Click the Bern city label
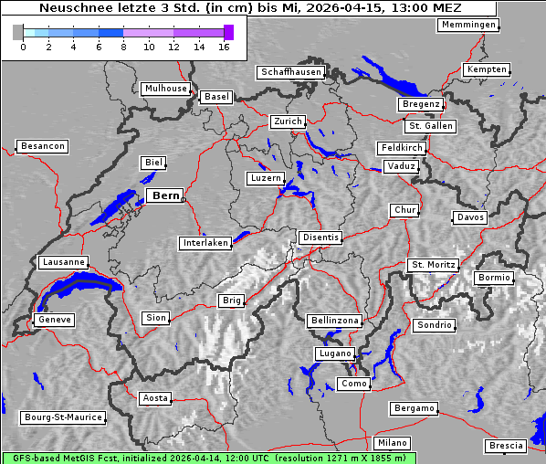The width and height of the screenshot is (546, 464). (x=165, y=195)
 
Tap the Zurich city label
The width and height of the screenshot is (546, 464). (x=287, y=121)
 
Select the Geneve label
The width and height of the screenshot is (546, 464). (x=54, y=320)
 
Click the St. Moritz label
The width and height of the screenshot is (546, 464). (x=433, y=265)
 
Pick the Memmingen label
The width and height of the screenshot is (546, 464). (x=467, y=25)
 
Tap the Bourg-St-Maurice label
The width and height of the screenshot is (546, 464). (x=62, y=417)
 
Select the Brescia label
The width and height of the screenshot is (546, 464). (x=506, y=446)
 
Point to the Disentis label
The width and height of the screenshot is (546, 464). (x=320, y=237)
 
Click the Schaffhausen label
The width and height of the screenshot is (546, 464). (x=290, y=71)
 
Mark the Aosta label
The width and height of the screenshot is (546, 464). (x=155, y=398)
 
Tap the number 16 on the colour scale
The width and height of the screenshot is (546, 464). (x=225, y=47)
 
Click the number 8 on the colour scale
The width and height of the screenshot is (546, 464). (x=124, y=47)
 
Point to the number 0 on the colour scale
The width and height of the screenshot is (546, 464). (x=23, y=47)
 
